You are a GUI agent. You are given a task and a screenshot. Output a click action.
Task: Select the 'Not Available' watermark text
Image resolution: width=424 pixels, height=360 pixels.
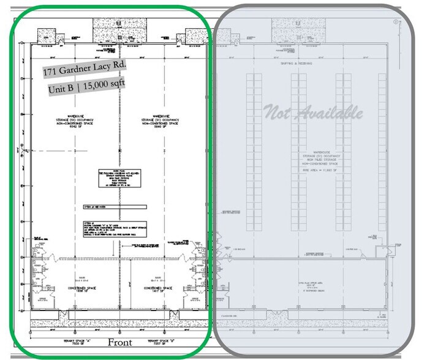coord(312,113)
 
